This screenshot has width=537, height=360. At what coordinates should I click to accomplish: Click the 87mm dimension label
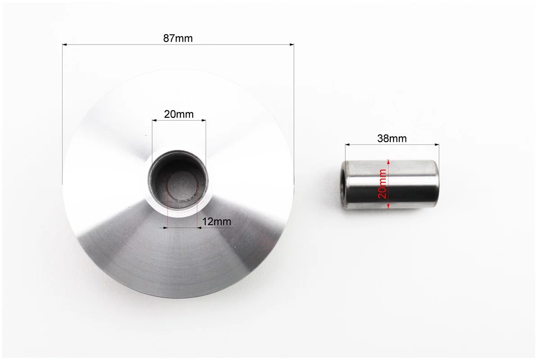tap(178, 38)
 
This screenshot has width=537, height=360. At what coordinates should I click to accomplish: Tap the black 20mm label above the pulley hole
tap(178, 114)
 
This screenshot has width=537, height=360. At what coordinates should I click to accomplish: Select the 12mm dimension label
tap(217, 221)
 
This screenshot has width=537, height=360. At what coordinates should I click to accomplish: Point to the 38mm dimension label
tap(392, 139)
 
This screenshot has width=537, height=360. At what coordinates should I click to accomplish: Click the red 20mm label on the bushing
tap(382, 184)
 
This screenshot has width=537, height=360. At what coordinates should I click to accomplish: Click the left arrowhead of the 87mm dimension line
tap(64, 45)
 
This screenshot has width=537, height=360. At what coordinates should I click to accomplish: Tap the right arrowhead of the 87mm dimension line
tap(292, 45)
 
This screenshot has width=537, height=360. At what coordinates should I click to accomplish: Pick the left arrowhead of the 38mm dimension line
tap(347, 145)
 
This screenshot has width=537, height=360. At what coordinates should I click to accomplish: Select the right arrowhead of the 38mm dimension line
tap(437, 145)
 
